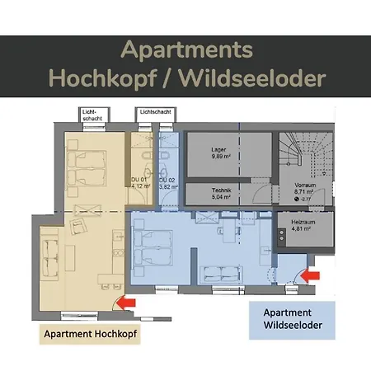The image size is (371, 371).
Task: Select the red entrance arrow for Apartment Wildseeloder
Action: click(313, 275)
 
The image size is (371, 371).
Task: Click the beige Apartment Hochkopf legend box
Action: click(89, 334)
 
